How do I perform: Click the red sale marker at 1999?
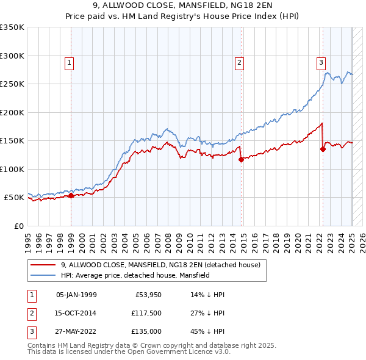tap(71, 196)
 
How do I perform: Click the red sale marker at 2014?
tap(241, 160)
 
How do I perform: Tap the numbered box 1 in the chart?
tap(70, 62)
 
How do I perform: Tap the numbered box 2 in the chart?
tap(240, 62)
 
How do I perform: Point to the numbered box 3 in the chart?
tap(321, 62)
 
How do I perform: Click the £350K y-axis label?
tap(12, 27)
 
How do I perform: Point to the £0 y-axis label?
tap(18, 226)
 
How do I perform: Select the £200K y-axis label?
tap(12, 112)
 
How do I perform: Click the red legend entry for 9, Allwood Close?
tap(160, 265)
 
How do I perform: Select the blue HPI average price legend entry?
tap(135, 275)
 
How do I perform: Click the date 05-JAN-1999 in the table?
tap(76, 295)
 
